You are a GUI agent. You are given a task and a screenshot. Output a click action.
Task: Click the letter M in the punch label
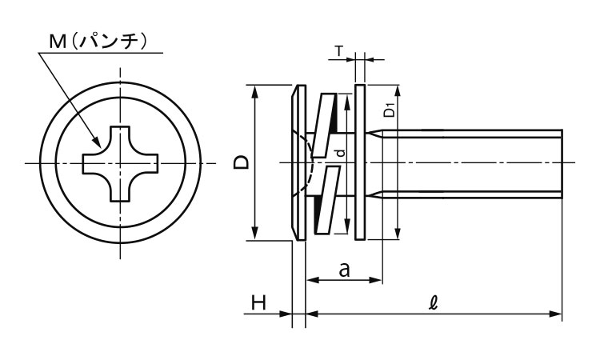pos(58,42)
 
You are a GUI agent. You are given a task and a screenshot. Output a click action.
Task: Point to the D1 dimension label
pos(389,110)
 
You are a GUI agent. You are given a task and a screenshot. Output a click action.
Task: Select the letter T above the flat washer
pos(339,51)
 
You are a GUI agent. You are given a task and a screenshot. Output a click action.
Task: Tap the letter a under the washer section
pos(344,270)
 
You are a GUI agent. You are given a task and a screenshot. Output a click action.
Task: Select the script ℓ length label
pos(433,303)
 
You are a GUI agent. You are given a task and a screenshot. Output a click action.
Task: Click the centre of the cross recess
pos(121,163)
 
